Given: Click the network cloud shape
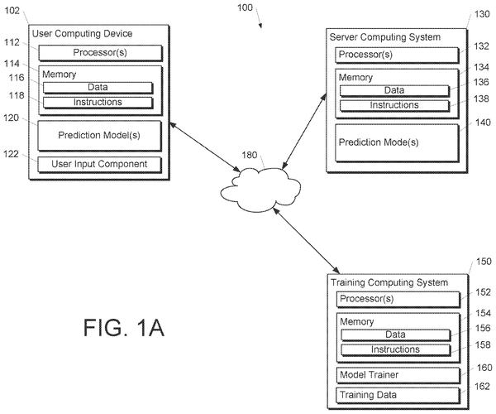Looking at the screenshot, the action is tap(260, 190).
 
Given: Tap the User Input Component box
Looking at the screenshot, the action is tap(100, 165).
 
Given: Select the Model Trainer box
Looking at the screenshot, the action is tap(398, 376).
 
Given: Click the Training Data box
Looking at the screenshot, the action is tap(398, 396).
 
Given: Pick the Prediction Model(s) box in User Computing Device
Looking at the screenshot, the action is tap(100, 136).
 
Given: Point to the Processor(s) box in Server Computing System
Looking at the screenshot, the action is tap(398, 55).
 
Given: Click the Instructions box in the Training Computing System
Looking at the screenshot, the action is tap(396, 349).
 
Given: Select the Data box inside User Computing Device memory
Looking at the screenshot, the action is tap(98, 88).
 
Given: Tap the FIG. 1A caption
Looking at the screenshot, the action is tap(124, 328).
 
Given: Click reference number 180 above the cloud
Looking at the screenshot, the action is tap(250, 155).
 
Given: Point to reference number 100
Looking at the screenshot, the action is tap(246, 7).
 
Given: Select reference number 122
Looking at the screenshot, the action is tap(11, 154).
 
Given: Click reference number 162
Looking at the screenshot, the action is tap(482, 386).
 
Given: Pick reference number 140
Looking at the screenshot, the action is tap(483, 123).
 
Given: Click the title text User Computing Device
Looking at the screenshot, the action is tap(82, 34).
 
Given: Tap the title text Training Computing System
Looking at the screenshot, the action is tap(389, 282).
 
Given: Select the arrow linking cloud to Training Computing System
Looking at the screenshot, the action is tap(306, 240).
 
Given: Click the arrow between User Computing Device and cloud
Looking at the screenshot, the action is tap(205, 147).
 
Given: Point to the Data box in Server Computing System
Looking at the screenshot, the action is tap(394, 91).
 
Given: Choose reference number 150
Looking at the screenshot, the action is tap(484, 262).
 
